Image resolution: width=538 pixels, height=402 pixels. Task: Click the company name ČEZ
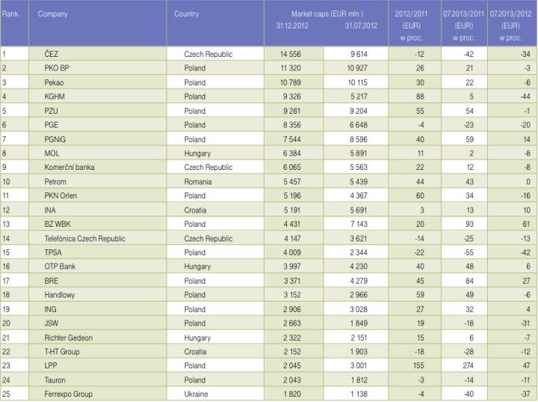pos(52,54)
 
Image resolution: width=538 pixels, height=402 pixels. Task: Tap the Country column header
pos(186,14)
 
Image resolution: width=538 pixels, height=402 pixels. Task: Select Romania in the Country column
pos(200,181)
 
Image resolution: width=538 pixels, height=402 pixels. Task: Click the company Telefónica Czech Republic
pos(84,238)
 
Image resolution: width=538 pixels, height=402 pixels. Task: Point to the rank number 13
pos(6,224)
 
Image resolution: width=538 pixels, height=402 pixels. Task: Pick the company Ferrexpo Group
pos(69,394)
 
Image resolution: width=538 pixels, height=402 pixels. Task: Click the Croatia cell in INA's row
pos(197,210)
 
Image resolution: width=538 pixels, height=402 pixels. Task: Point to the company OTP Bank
pos(62,267)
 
